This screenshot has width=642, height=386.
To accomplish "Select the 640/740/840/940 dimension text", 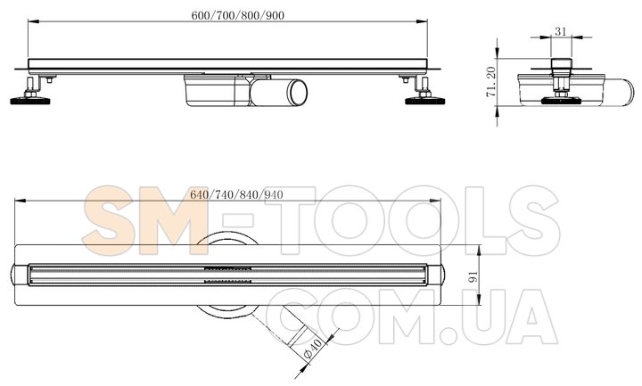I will point(236,196).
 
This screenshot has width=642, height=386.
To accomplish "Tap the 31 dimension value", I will point(560,31).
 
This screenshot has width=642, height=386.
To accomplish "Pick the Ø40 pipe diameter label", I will point(313,345).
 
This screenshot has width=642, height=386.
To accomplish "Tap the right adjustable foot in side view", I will point(425,96).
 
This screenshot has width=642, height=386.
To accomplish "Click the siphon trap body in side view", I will point(214,89).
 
